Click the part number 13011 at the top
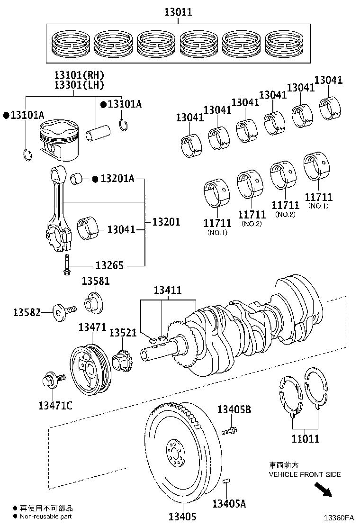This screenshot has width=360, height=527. click(x=178, y=12)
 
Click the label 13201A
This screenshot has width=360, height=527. click(x=117, y=179)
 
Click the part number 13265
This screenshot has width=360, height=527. click(x=109, y=265)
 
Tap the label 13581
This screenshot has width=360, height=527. click(x=95, y=281)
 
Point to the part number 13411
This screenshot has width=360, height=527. click(x=167, y=290)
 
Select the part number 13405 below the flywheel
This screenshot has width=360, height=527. click(x=182, y=517)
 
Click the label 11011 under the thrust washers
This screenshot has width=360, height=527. click(x=305, y=439)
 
